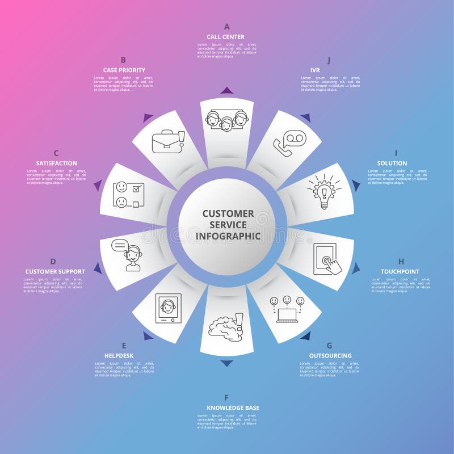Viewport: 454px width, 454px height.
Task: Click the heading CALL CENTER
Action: (x=225, y=37)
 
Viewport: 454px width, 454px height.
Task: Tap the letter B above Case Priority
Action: (x=123, y=60)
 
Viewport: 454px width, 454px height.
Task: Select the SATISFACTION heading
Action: (x=56, y=163)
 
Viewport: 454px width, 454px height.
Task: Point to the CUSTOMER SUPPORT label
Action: (x=55, y=272)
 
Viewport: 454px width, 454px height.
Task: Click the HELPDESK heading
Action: (x=119, y=356)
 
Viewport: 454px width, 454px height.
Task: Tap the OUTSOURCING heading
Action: (x=330, y=356)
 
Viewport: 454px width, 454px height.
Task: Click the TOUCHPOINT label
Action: (x=400, y=272)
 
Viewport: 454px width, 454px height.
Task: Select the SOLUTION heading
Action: (x=392, y=163)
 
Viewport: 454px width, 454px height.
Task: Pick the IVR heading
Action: (x=315, y=70)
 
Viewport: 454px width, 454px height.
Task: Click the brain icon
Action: (x=225, y=327)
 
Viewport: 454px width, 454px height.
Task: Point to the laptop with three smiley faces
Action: (x=287, y=309)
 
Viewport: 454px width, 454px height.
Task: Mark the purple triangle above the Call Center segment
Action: (x=227, y=90)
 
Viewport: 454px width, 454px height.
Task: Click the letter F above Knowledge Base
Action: (x=226, y=398)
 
